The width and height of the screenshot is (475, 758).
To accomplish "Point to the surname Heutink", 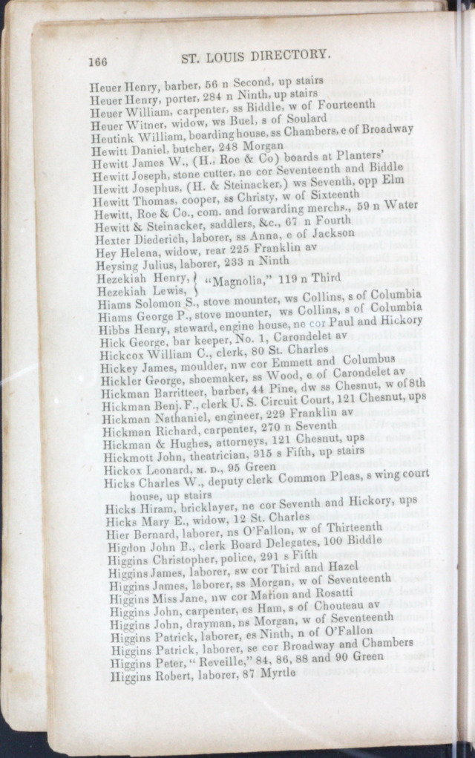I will pos(108,138).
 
